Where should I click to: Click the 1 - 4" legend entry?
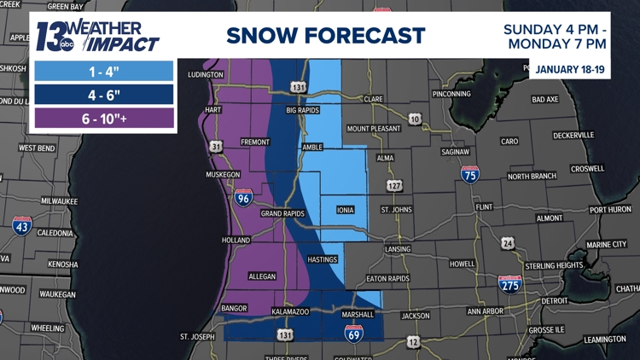coord(102,70)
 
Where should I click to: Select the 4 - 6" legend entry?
coord(102,94)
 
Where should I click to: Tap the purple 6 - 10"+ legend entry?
coord(102,118)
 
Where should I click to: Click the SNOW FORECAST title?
coord(325,35)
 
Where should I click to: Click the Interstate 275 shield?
coord(510,286)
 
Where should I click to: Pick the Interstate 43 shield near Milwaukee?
coord(22,226)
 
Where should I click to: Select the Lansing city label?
coord(399,249)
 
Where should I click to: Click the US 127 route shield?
coord(394,184)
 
